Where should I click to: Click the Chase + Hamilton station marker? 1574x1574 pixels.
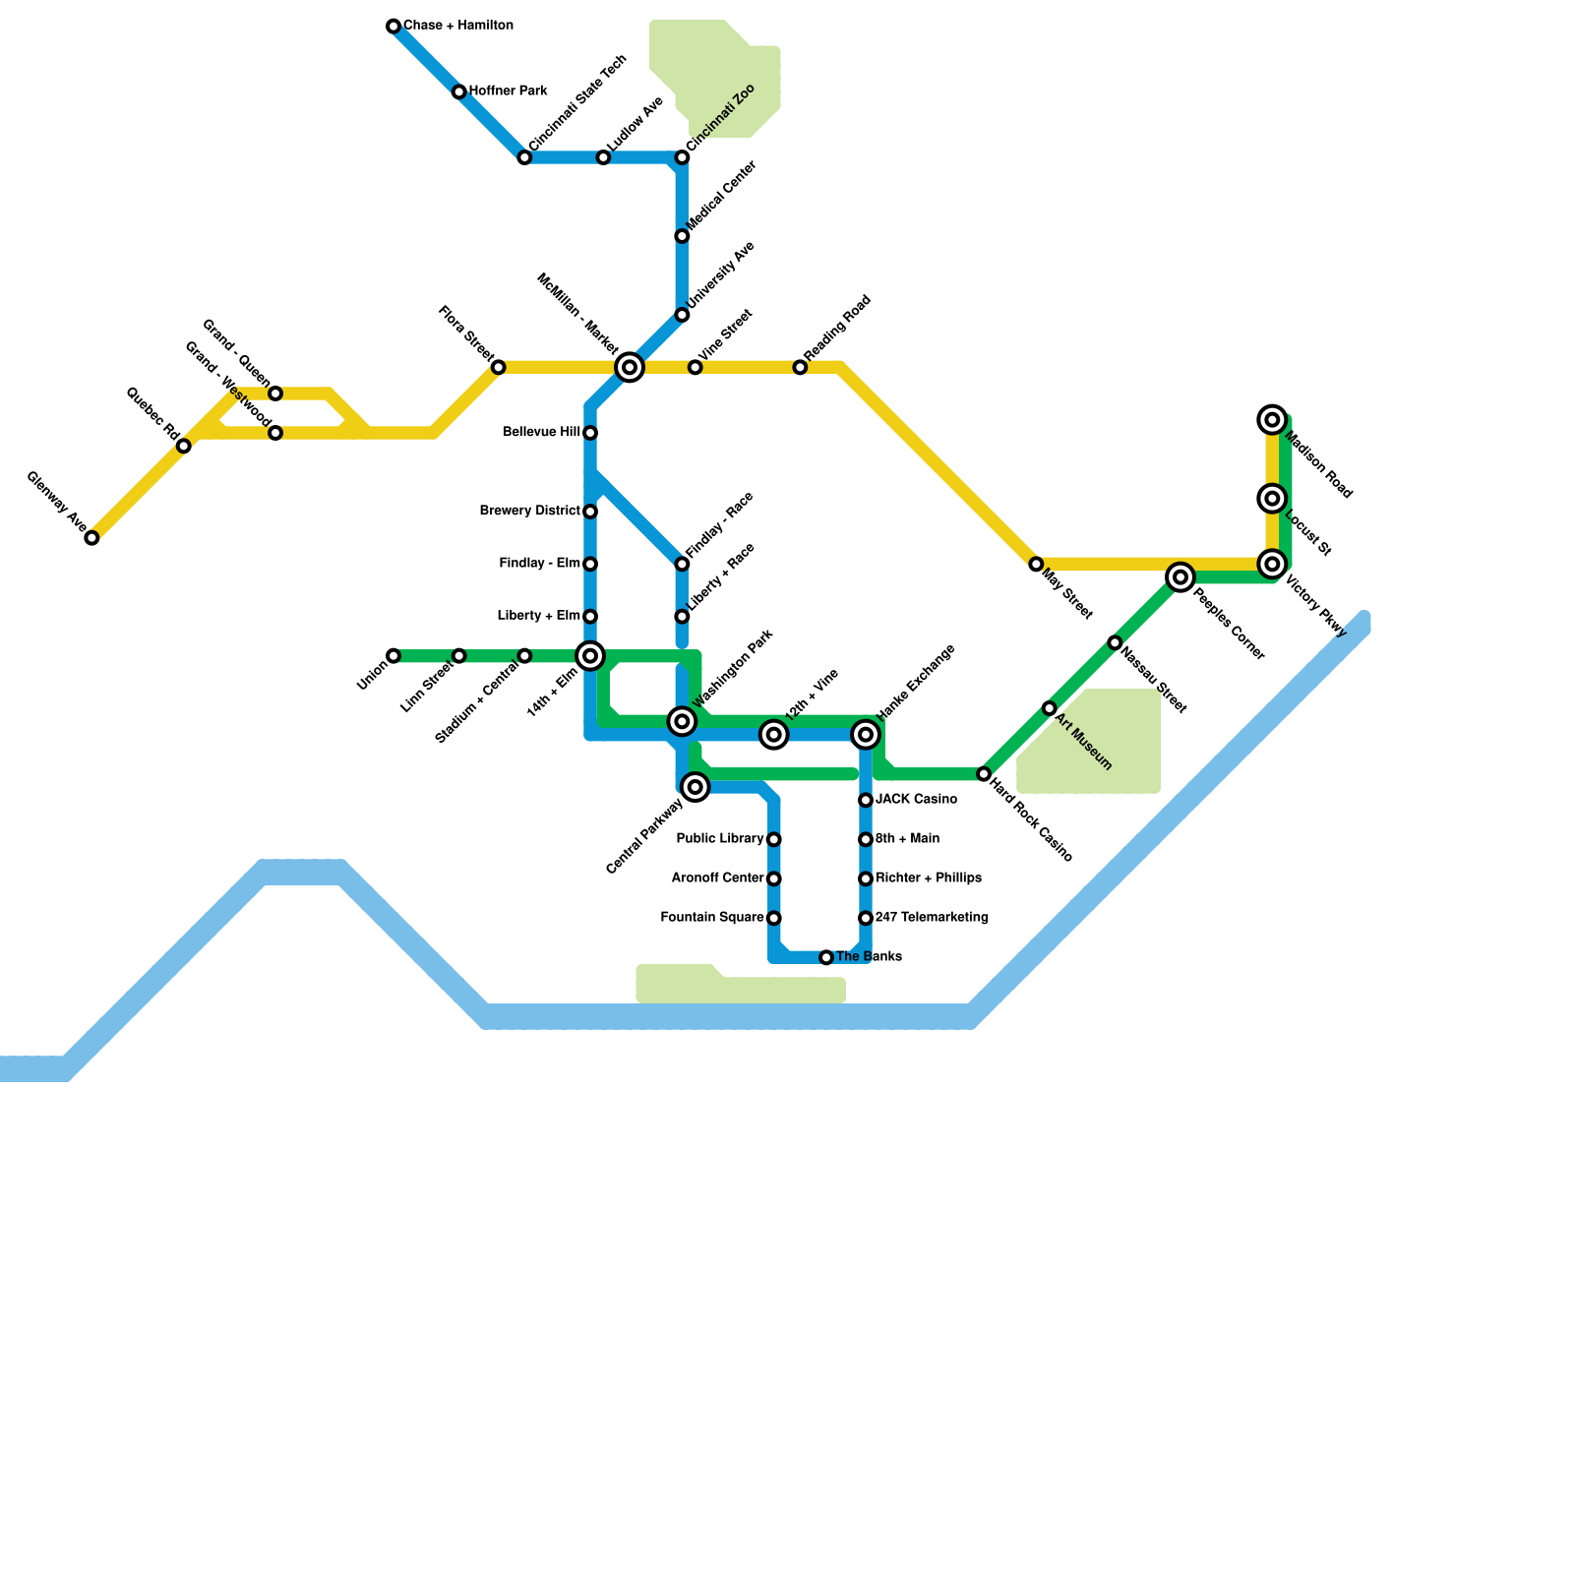coord(393,27)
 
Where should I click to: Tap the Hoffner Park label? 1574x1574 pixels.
coord(508,91)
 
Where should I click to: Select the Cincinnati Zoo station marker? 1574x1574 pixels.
coord(682,157)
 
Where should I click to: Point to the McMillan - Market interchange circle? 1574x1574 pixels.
coord(630,367)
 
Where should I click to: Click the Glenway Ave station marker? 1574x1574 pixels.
coord(91,538)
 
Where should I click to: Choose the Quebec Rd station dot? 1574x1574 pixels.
coord(184,447)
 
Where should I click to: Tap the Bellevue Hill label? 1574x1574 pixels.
coord(541,433)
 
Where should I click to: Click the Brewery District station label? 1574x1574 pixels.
coord(529,512)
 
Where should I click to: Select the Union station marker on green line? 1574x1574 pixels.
coord(393,656)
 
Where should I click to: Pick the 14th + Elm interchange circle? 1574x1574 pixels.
coord(590,656)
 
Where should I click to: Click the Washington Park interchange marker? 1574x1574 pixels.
coord(682,721)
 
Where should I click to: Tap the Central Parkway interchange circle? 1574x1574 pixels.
coord(696,787)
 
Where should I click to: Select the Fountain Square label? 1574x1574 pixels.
coord(711,918)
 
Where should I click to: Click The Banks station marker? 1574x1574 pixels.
coord(826,957)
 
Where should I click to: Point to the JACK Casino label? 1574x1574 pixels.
coord(916,800)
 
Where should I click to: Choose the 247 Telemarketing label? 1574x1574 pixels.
coord(932,918)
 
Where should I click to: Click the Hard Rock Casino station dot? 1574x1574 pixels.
coord(984,774)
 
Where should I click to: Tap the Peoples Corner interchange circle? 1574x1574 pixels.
coord(1180,577)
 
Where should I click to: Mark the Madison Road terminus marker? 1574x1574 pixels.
coord(1273,420)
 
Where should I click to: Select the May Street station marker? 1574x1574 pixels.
coord(1036,565)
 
